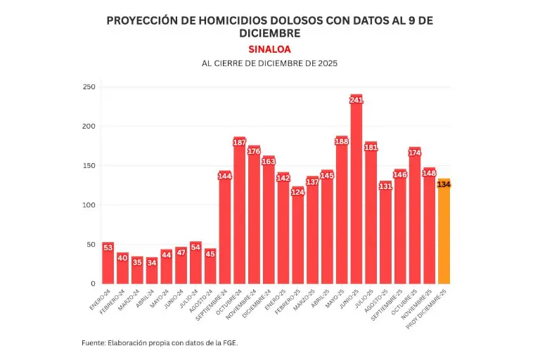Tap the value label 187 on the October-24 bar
coord(239,143)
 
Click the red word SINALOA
coord(269,49)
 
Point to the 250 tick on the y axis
coord(89,87)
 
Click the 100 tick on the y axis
coord(89,205)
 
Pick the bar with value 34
coord(152,271)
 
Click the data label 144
coord(225,176)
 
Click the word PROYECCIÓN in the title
coord(138,21)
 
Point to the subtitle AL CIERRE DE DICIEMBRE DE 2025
coord(269,63)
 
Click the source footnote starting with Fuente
coord(165,342)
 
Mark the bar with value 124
coord(298,239)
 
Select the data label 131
coord(385,186)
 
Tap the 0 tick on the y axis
coord(91,284)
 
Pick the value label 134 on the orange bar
coord(444,184)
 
